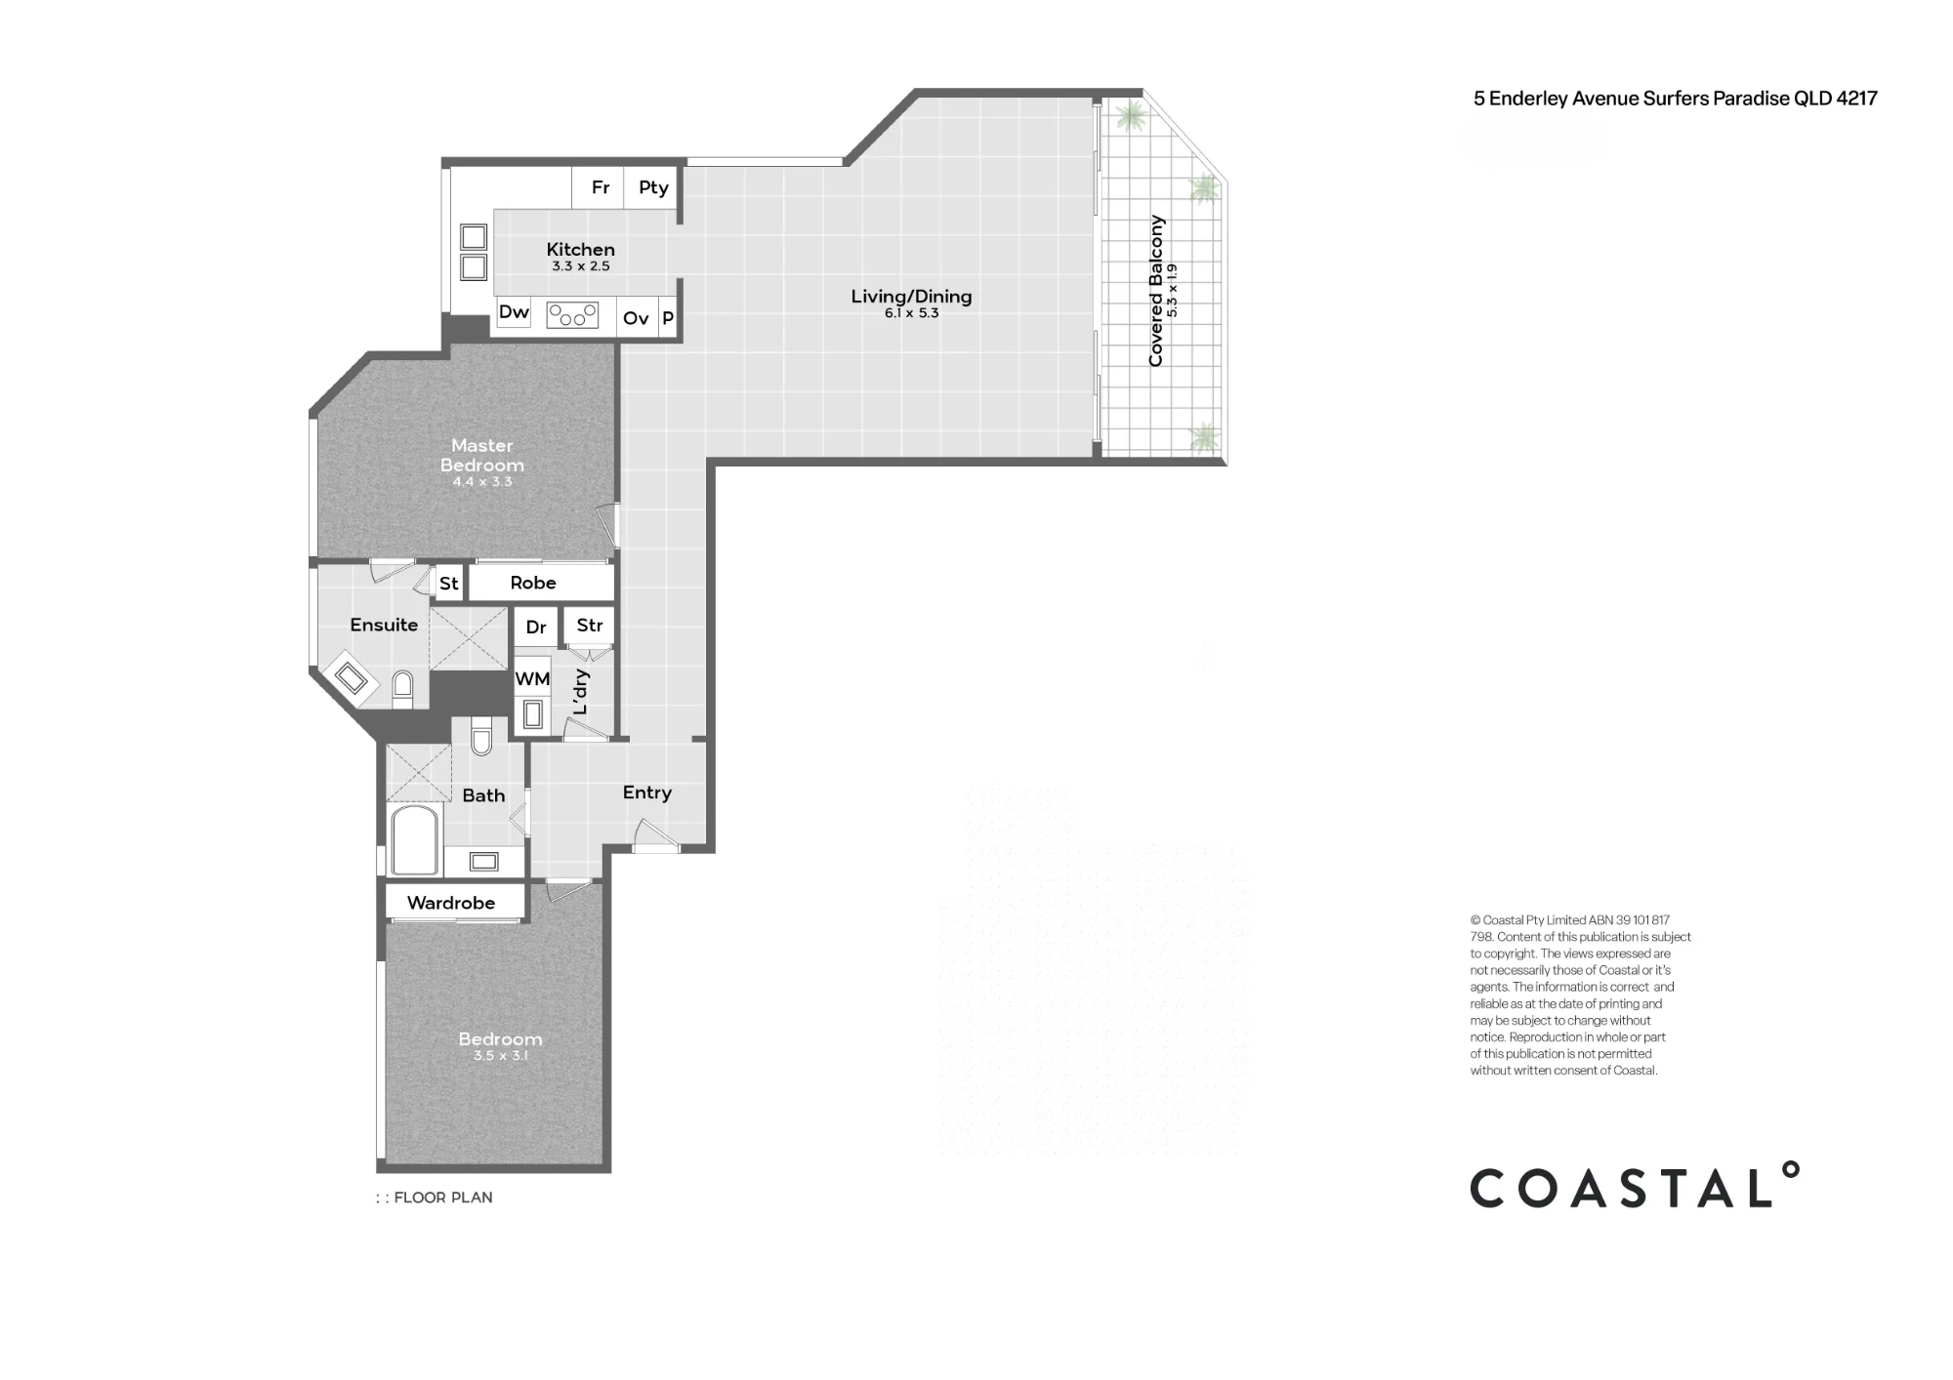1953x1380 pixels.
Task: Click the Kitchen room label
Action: click(x=580, y=249)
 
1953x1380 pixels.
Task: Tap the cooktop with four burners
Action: click(x=572, y=315)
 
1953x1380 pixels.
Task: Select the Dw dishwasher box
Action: click(x=514, y=312)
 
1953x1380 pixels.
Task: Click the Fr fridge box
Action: click(x=600, y=187)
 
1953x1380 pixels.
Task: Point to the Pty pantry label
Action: click(x=653, y=187)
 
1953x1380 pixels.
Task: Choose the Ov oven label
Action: click(x=636, y=318)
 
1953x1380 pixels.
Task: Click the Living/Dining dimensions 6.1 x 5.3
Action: click(x=911, y=313)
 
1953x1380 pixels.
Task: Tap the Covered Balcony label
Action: click(x=1156, y=291)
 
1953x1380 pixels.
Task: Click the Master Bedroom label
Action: click(x=482, y=455)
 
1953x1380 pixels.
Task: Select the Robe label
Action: click(x=533, y=583)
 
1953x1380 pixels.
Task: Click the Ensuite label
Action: click(x=384, y=625)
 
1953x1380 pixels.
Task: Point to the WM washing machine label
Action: click(x=532, y=679)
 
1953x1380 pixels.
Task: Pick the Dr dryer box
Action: click(x=536, y=627)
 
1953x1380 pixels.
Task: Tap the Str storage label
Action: click(x=590, y=626)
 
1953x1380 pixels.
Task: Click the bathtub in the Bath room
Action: click(x=414, y=840)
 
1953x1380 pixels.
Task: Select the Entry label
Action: click(x=647, y=792)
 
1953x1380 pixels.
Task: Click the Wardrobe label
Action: click(x=451, y=903)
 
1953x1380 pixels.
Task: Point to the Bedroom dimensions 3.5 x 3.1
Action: click(x=500, y=1056)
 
